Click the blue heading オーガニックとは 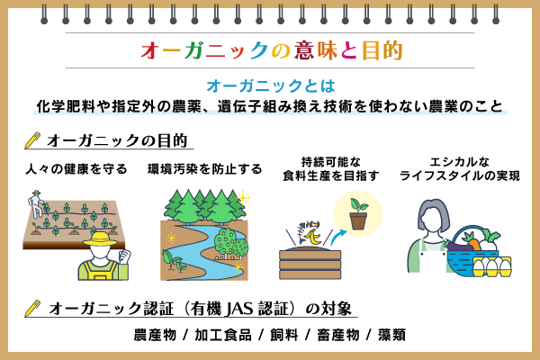coord(270,86)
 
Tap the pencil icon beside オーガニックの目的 coord(32,140)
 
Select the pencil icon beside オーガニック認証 coord(32,308)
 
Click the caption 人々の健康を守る coord(76,168)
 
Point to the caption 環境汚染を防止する coord(204,168)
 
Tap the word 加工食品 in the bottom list coord(222,335)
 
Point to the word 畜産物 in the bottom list coord(337,335)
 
